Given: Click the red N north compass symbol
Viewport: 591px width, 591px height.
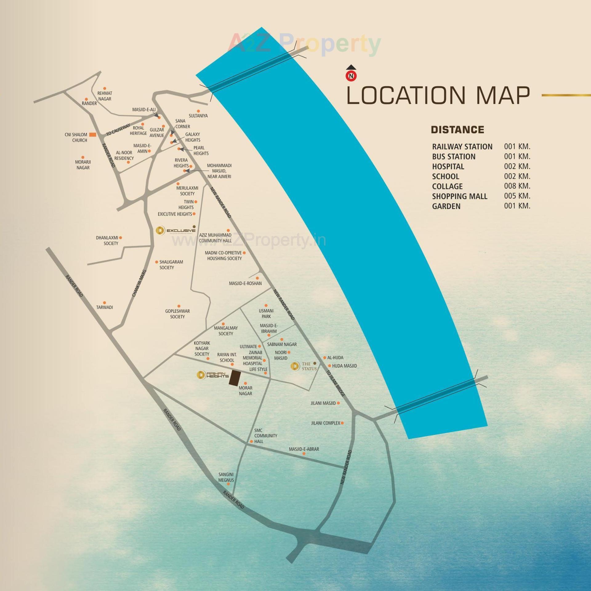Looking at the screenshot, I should coord(351,75).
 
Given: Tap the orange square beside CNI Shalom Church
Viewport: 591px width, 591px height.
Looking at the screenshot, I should coord(93,135).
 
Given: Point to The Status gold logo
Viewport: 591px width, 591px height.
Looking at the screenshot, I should coord(295,366).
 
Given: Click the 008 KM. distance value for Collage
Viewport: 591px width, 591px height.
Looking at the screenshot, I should coord(517,186).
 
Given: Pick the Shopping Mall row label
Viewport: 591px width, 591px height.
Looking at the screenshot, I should coord(460,196).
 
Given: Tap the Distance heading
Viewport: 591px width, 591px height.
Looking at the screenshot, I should coord(457,130).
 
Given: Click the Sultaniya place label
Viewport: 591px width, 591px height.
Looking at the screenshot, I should coord(198,116).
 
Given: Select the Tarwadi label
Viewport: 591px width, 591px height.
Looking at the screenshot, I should coord(105,307).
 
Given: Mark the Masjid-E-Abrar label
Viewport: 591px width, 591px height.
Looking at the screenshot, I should coord(304,449).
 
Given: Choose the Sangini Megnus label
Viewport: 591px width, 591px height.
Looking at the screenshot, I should coord(226,477).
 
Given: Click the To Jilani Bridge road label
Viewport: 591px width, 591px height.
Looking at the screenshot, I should coord(336,384).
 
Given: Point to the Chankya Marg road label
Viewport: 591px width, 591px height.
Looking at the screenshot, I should coord(139,283).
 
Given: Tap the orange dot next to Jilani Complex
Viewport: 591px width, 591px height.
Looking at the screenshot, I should coord(342,423).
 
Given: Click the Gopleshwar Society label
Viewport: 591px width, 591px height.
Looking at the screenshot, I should coord(177,314).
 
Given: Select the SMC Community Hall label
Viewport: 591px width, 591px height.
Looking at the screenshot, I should coord(265,436).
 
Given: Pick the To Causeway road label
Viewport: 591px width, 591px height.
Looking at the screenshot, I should coord(118,130).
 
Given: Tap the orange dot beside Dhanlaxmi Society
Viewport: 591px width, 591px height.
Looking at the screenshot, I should coord(121,238).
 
